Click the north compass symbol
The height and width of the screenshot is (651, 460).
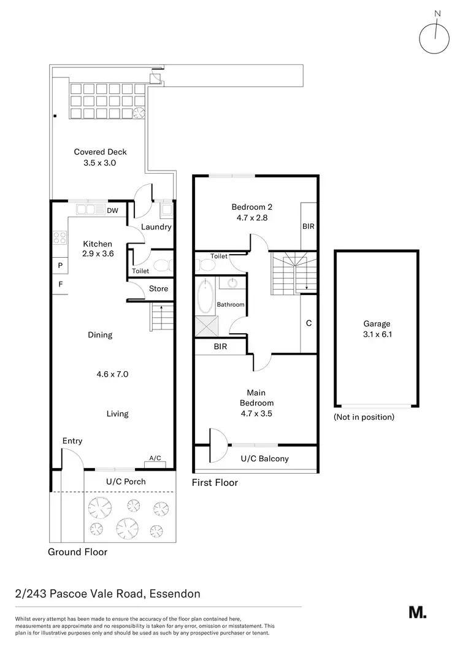[435, 37]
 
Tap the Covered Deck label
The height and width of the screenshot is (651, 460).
[100, 158]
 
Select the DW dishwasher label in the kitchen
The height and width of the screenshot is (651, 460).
[112, 210]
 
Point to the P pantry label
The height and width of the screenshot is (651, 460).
[60, 266]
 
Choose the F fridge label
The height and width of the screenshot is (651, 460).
[60, 285]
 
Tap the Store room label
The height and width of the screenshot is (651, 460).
[158, 289]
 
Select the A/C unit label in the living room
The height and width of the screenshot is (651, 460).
[155, 458]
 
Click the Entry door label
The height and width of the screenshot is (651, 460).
[72, 441]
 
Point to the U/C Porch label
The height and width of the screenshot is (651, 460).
[126, 481]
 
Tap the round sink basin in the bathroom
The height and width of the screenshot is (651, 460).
[232, 283]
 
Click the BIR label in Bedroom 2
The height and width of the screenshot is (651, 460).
[308, 226]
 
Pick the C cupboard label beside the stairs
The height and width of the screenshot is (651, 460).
[309, 323]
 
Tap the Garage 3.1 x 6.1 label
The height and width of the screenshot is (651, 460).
[376, 329]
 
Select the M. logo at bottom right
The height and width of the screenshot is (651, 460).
[417, 612]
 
